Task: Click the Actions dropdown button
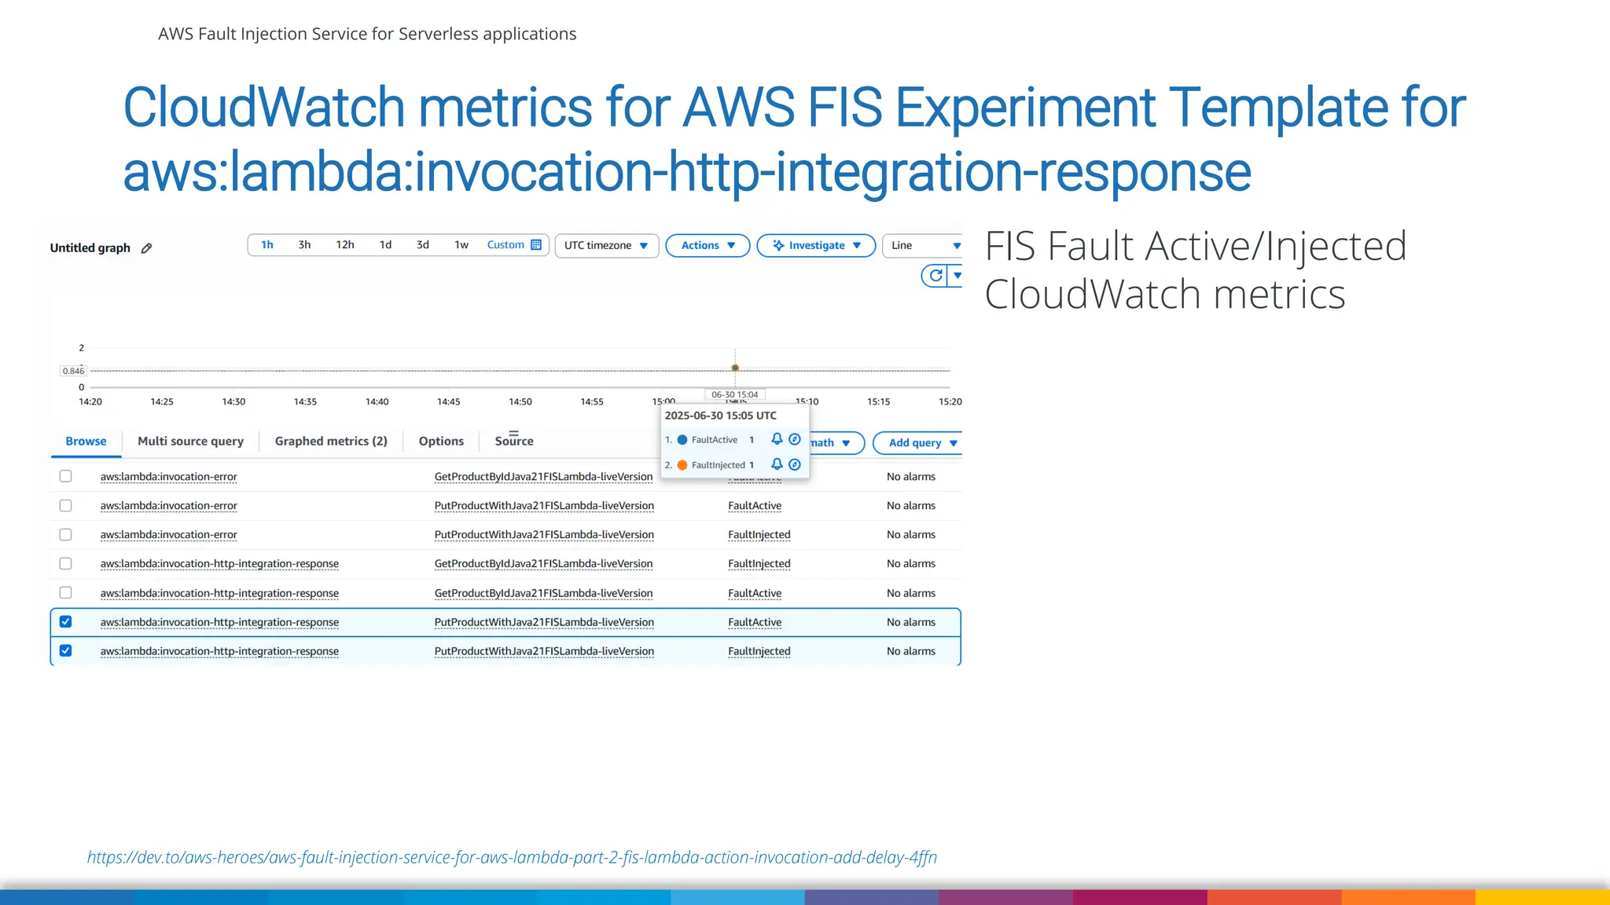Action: tap(708, 246)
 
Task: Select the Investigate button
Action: tap(815, 246)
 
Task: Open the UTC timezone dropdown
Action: tap(606, 246)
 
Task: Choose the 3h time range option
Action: tap(304, 245)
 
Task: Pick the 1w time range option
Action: tap(461, 245)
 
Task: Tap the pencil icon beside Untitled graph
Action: tap(146, 248)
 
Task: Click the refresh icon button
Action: tap(935, 276)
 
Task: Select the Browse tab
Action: tap(86, 442)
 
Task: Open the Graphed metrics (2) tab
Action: tap(331, 442)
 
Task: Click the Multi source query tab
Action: tap(190, 442)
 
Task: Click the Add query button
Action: tap(917, 443)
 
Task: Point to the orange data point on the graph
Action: tap(735, 368)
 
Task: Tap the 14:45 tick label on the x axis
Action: tap(448, 402)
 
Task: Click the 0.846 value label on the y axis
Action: tap(73, 371)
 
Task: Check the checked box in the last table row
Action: tap(66, 651)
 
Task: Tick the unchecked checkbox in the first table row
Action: tap(66, 477)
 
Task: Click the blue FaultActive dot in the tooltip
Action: tap(682, 440)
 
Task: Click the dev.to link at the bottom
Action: tap(512, 858)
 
